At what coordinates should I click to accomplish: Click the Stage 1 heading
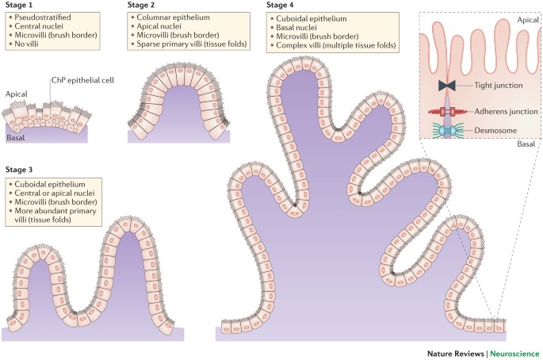pos(22,6)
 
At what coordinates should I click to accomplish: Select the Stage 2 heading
pos(144,6)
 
